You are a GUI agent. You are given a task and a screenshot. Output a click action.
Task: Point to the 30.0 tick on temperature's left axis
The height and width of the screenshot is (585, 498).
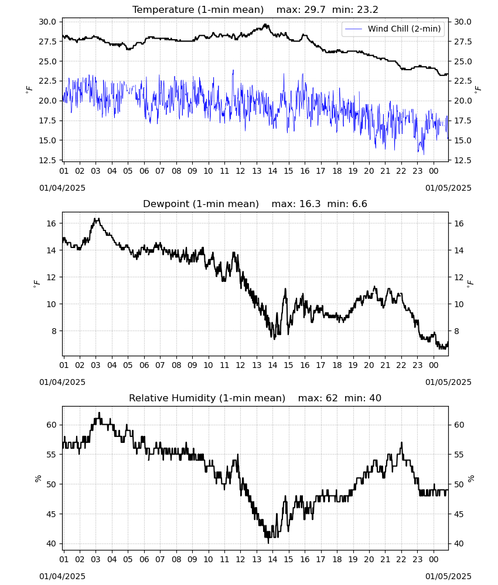coord(47,22)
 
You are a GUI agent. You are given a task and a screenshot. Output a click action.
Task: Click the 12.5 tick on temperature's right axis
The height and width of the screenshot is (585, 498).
coord(463,160)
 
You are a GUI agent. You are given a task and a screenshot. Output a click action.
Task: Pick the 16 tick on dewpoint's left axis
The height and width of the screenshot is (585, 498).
coord(51,223)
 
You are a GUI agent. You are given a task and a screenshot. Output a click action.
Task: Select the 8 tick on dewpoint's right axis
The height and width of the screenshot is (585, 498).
coord(456,331)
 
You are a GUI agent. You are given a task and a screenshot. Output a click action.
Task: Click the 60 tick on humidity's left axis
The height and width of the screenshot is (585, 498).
coord(51,425)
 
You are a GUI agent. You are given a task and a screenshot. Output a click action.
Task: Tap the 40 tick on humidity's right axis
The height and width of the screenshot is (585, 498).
coord(459,543)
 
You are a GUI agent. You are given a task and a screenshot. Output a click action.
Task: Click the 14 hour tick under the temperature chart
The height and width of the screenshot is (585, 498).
coord(272,171)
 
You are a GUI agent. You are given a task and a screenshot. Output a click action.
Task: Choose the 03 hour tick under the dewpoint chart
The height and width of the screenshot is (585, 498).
coord(95,365)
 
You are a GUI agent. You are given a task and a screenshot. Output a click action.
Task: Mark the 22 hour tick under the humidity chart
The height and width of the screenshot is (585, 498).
coord(401,559)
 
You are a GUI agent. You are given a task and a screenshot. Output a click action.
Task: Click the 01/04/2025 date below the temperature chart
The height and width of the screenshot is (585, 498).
coord(62,188)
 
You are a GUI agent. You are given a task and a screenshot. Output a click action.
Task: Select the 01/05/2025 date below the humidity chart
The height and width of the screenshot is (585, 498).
coord(448,576)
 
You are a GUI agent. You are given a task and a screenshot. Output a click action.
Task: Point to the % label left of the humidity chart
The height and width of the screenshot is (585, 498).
coord(37,479)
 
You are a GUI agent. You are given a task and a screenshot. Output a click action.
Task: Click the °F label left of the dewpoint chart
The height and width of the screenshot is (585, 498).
coord(36,284)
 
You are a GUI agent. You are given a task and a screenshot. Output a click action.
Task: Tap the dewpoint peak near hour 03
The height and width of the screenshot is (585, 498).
coord(97,219)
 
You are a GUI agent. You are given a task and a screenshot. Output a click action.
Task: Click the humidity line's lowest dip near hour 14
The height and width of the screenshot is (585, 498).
coord(268,543)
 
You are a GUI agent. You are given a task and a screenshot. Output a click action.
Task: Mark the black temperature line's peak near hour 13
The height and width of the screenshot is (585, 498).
coord(265,25)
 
